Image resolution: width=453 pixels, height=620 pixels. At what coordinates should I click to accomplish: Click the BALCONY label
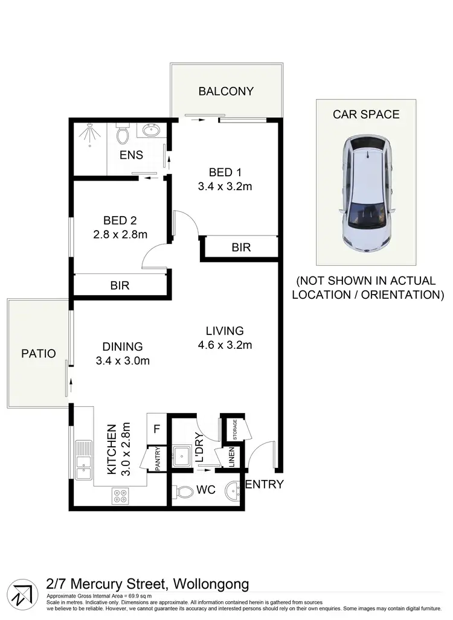pos(226,92)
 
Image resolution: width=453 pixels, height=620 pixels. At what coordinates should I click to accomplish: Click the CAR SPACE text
pos(367,114)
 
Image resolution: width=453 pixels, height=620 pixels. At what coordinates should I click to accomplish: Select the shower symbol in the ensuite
pos(89,136)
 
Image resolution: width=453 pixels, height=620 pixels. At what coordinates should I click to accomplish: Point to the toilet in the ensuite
pos(123,132)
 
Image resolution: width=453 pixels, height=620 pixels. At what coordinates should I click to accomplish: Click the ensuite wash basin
pos(150,130)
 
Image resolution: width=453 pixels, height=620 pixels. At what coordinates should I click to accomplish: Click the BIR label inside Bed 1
pos(242,248)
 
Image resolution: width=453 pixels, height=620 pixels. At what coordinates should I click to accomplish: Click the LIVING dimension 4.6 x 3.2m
pos(225,346)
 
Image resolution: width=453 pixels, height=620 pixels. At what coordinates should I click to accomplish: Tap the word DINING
pos(123,347)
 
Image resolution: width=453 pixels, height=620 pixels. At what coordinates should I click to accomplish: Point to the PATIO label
pos(38,353)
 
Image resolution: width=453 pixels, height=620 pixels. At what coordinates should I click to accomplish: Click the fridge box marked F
pos(157,429)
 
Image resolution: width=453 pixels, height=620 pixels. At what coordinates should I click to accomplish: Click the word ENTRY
pos(265,484)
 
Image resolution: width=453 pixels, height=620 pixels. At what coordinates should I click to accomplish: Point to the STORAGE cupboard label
pos(232,429)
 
